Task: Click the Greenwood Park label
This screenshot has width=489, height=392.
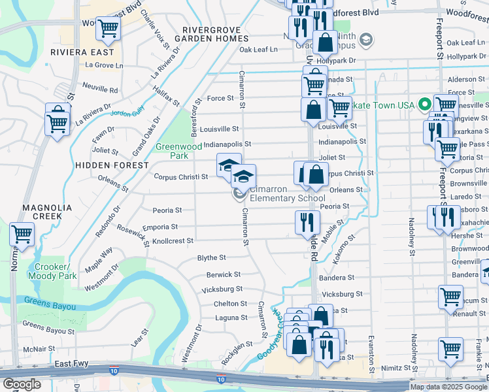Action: click(178, 152)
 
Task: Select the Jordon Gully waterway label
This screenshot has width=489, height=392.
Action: click(127, 112)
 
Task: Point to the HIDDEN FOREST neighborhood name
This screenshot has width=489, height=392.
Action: click(112, 165)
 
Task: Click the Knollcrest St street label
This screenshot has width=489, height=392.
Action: click(173, 240)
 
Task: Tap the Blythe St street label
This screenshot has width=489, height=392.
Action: click(211, 258)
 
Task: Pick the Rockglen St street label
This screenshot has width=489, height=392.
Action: click(237, 346)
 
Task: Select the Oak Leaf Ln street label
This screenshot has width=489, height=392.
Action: click(258, 49)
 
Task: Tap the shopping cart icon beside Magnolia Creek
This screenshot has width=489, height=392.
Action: click(22, 233)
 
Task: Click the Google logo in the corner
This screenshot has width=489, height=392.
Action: click(22, 384)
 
